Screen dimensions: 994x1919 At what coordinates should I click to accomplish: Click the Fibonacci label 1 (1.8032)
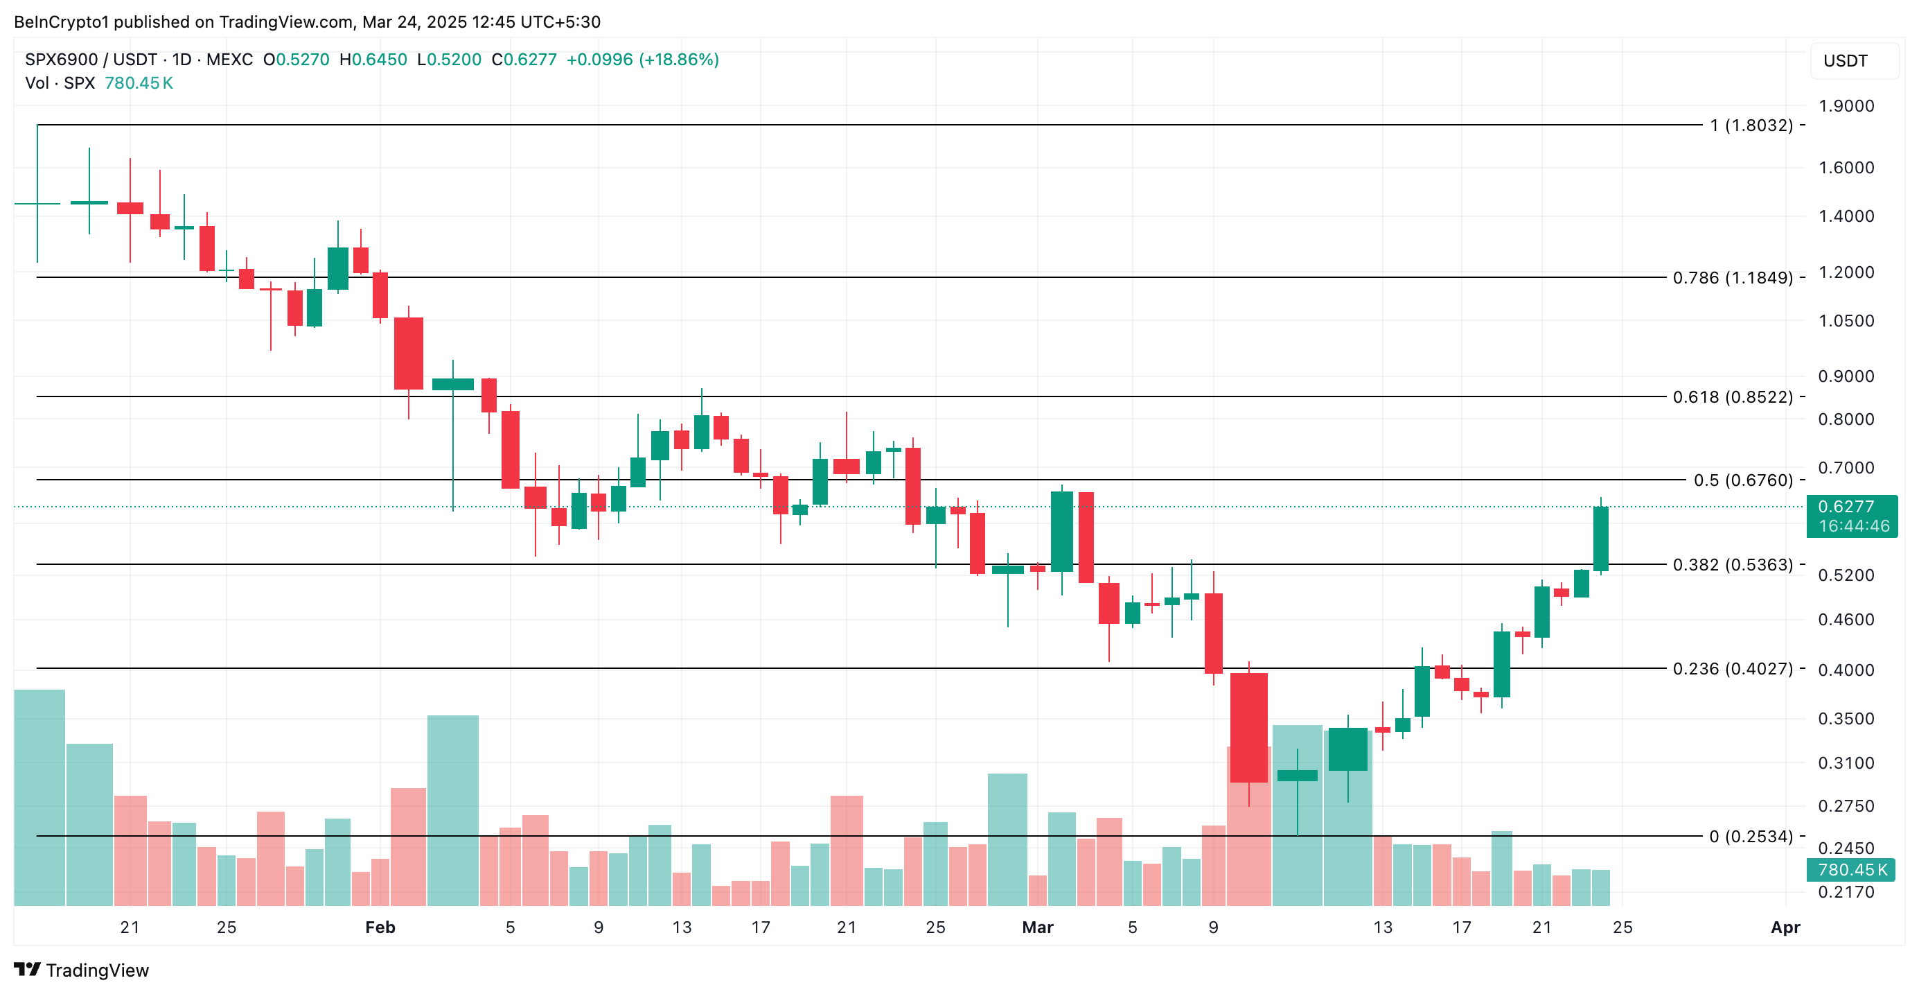(1751, 125)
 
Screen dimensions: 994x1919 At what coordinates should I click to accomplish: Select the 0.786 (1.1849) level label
(1733, 278)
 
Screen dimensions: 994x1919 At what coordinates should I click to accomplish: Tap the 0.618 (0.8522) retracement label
(1733, 397)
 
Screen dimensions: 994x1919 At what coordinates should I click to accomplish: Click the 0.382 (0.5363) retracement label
(1733, 565)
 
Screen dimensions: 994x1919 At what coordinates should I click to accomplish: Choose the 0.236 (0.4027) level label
(1733, 669)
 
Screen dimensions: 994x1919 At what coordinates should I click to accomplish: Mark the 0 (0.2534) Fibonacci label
(1751, 837)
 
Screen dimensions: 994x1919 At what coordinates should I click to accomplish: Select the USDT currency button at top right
(1853, 61)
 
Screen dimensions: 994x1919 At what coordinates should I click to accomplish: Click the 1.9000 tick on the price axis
(1846, 106)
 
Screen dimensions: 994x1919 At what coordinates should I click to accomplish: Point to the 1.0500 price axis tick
(1846, 321)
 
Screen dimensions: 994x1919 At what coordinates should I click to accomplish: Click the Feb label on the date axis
(380, 927)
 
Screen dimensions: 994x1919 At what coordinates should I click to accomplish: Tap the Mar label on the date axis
(1038, 927)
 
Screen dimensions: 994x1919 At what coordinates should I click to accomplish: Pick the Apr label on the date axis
(1785, 927)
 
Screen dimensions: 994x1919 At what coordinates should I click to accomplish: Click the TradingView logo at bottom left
(82, 970)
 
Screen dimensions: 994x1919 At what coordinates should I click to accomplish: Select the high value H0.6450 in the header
(373, 60)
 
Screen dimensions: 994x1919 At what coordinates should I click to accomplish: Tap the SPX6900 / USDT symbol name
(91, 60)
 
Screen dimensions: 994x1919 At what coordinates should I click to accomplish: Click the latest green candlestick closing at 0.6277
(1600, 539)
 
